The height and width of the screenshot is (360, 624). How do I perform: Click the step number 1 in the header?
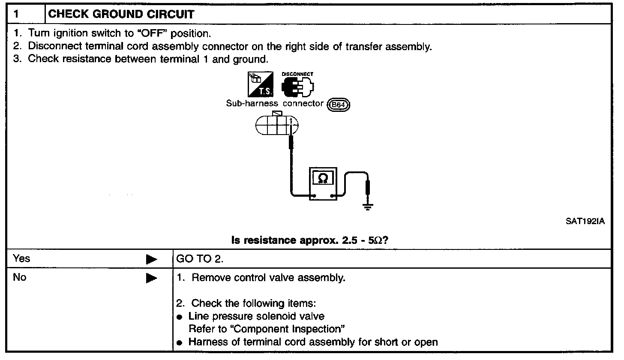click(x=16, y=14)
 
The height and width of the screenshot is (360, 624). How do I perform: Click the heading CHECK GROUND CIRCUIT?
click(x=121, y=14)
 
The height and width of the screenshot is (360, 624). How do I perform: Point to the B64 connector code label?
click(x=339, y=104)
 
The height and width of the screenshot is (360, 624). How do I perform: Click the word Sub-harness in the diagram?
click(x=252, y=103)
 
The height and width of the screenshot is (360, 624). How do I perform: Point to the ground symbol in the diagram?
click(x=367, y=207)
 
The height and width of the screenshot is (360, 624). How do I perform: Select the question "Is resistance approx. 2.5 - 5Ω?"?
click(x=309, y=240)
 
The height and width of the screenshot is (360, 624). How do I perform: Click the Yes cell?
click(x=22, y=258)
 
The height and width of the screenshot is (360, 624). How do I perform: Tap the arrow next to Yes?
click(x=151, y=259)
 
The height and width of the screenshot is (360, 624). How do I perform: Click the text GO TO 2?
click(x=200, y=259)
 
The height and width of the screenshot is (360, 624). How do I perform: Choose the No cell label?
click(x=20, y=277)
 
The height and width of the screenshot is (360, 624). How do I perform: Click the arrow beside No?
click(x=151, y=279)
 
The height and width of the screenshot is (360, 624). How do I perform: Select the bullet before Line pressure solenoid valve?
click(x=180, y=317)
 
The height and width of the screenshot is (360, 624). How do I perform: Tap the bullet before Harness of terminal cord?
click(x=180, y=343)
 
